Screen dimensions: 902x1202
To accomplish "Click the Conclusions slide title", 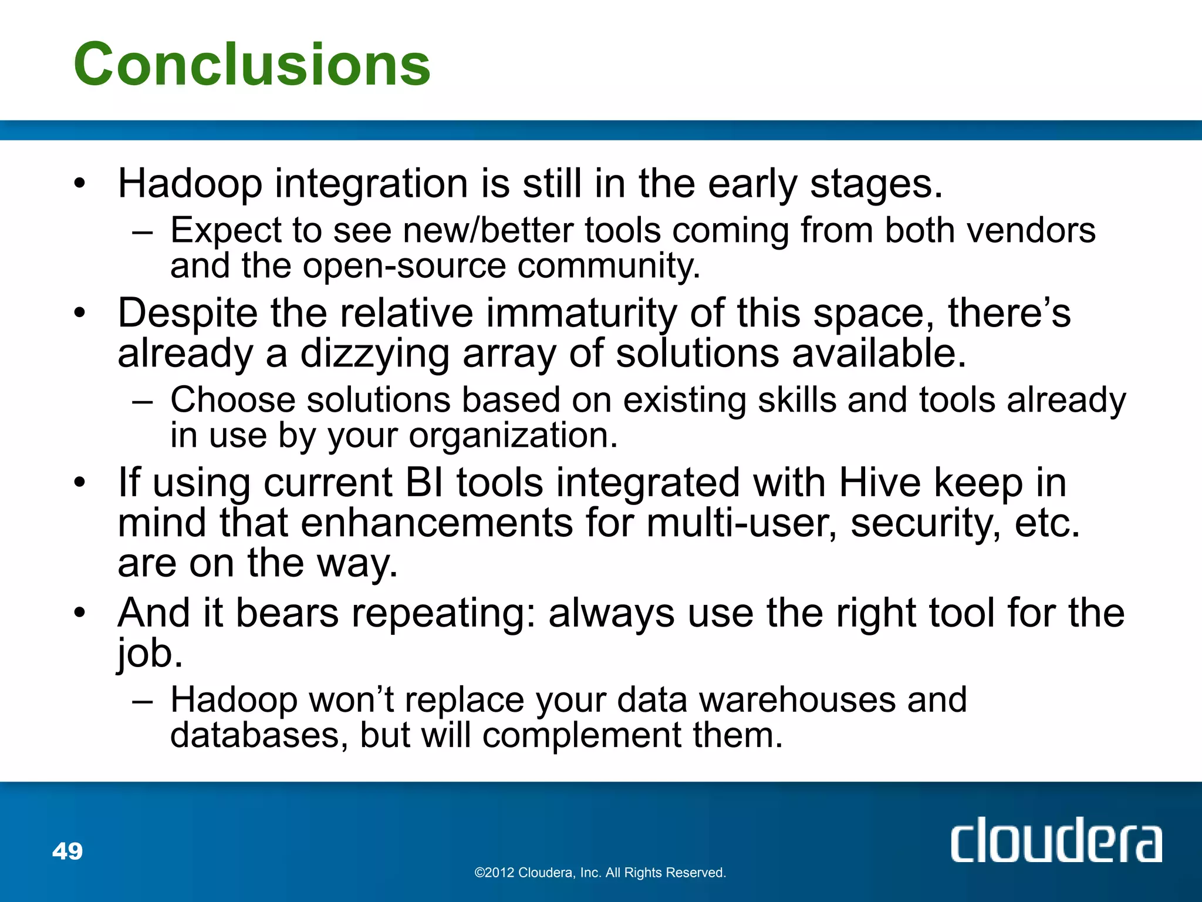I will point(252,65).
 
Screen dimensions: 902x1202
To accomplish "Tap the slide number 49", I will point(67,851).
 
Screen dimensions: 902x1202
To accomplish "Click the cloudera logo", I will point(1056,841).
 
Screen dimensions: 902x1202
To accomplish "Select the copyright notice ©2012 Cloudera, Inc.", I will point(600,873).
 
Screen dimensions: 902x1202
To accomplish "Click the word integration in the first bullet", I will point(372,184).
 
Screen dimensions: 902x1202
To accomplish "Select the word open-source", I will point(404,266).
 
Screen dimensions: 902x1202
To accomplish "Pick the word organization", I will point(513,436).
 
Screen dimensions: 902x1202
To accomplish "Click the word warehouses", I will point(798,699).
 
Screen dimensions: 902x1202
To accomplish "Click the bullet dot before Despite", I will point(80,313).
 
